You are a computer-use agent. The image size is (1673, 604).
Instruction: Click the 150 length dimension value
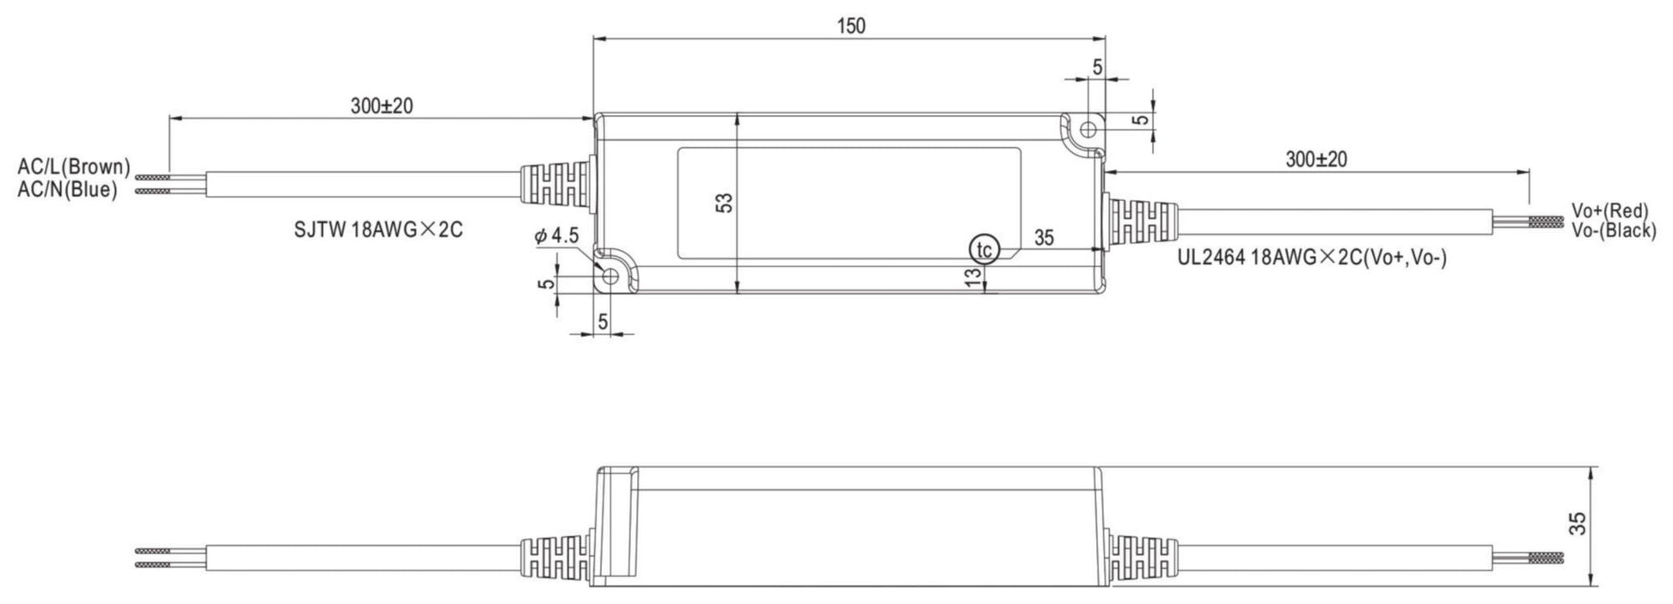click(x=850, y=26)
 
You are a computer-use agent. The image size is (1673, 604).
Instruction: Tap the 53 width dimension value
click(x=725, y=203)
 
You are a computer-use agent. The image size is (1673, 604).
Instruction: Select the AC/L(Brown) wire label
click(x=74, y=166)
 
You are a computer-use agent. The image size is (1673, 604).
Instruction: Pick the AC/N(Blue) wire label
click(x=67, y=190)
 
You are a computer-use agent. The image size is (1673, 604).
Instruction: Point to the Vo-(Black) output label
click(x=1613, y=230)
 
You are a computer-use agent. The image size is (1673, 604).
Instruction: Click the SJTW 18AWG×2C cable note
click(x=377, y=230)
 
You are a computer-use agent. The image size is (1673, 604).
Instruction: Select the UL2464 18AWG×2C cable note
click(x=1311, y=257)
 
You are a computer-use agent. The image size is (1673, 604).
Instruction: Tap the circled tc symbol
click(x=984, y=250)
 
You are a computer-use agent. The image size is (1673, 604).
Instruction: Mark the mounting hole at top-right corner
click(x=1087, y=130)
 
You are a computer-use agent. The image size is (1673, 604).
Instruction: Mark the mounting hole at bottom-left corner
click(x=612, y=277)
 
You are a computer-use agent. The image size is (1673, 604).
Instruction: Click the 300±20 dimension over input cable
click(x=381, y=106)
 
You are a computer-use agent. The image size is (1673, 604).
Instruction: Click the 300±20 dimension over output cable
click(x=1316, y=159)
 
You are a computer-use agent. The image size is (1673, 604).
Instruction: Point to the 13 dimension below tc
click(x=972, y=276)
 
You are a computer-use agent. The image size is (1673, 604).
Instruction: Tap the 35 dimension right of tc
click(x=1044, y=238)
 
